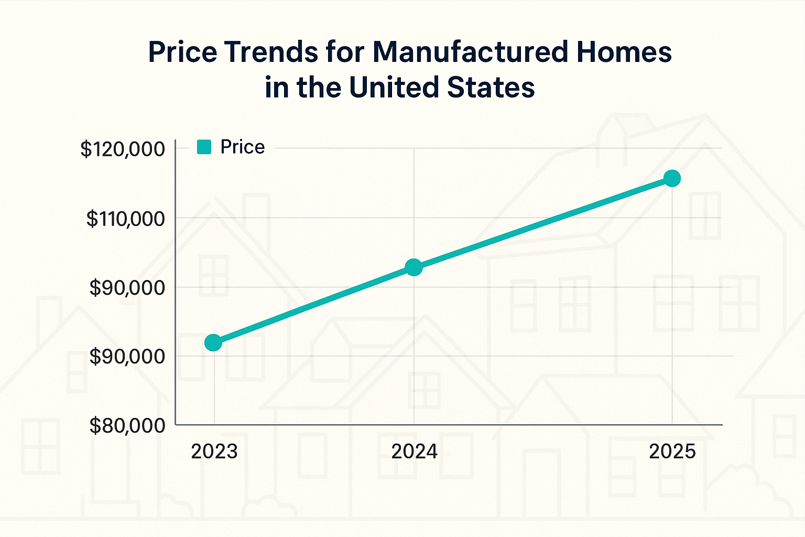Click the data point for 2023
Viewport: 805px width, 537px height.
coord(213,343)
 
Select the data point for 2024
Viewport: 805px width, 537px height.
coord(414,267)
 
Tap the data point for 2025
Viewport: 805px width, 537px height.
coord(672,178)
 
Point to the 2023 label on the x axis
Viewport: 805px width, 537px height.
coord(214,452)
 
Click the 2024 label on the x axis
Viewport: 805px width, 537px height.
coord(414,452)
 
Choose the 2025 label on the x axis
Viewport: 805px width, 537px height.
coord(672,452)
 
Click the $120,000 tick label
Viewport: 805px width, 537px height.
coord(122,149)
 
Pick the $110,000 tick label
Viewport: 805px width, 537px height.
coord(125,219)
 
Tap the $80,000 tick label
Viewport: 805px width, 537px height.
coord(127,426)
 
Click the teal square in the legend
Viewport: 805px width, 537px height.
coord(204,147)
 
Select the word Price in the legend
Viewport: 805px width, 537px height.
coord(242,147)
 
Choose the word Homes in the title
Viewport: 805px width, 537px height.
coord(621,52)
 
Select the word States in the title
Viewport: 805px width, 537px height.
coord(491,87)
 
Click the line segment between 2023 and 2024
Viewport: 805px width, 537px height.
coord(313,305)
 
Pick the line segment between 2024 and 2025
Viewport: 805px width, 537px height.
coord(543,223)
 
